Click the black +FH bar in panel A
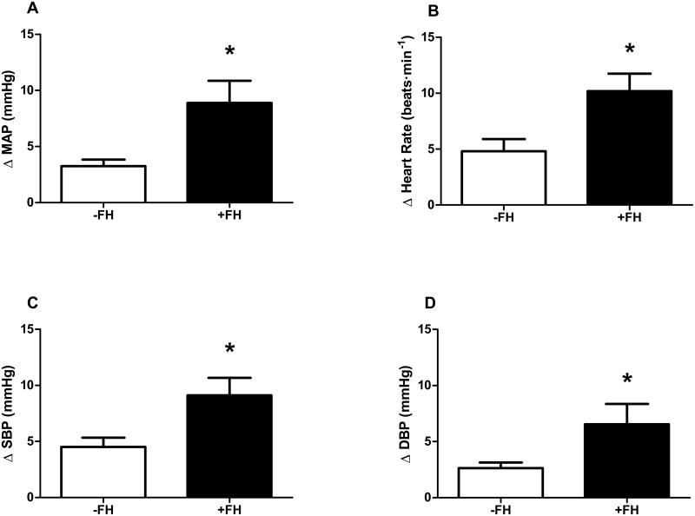coord(229,152)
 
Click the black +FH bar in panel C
coord(229,446)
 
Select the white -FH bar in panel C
coord(103,472)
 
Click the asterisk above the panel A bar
coord(229,52)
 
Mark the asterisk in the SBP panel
coord(229,349)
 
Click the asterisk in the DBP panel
coord(578,380)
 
